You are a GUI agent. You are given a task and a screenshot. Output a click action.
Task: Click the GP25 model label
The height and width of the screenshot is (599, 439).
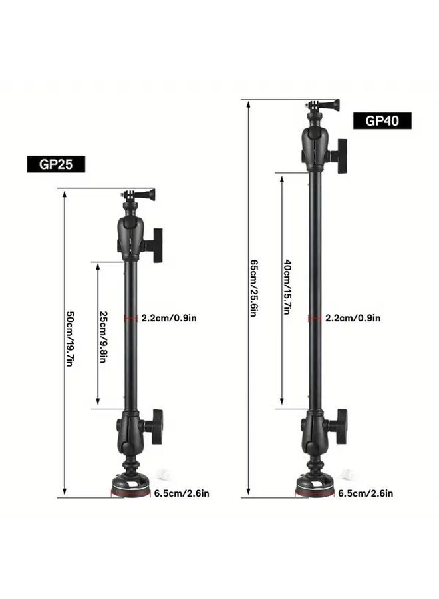click(x=56, y=164)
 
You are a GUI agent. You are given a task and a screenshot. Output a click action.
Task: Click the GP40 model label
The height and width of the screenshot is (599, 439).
click(x=382, y=120)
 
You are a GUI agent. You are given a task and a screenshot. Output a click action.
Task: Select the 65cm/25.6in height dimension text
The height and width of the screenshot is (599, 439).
click(x=253, y=288)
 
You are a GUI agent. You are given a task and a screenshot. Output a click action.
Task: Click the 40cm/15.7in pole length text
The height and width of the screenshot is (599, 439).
click(x=287, y=287)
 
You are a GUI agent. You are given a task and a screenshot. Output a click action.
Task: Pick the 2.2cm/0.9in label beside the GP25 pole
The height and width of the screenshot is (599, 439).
click(x=169, y=318)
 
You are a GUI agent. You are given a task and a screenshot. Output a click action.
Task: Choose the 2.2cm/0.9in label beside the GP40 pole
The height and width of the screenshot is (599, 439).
click(x=353, y=318)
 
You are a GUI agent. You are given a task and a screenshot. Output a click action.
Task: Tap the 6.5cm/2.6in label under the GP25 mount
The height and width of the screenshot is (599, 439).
click(x=182, y=493)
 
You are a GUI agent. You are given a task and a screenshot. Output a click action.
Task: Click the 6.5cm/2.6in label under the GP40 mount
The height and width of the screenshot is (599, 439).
click(x=366, y=493)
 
